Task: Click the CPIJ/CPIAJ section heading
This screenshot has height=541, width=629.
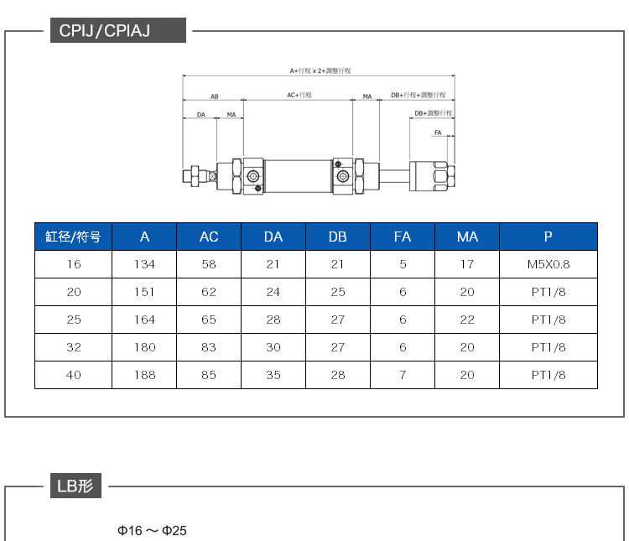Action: point(104,30)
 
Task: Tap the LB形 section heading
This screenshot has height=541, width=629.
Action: point(75,486)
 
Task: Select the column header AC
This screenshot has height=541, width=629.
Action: point(209,237)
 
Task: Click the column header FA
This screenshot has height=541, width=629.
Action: point(403,237)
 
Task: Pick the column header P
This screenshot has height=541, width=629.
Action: point(548,237)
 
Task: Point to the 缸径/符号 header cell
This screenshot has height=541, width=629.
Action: point(73,237)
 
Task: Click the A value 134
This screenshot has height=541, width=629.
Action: point(144,264)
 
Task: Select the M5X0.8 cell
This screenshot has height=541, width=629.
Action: point(548,264)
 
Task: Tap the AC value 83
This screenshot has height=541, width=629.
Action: point(209,347)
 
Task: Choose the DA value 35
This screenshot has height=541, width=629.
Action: point(273,375)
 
